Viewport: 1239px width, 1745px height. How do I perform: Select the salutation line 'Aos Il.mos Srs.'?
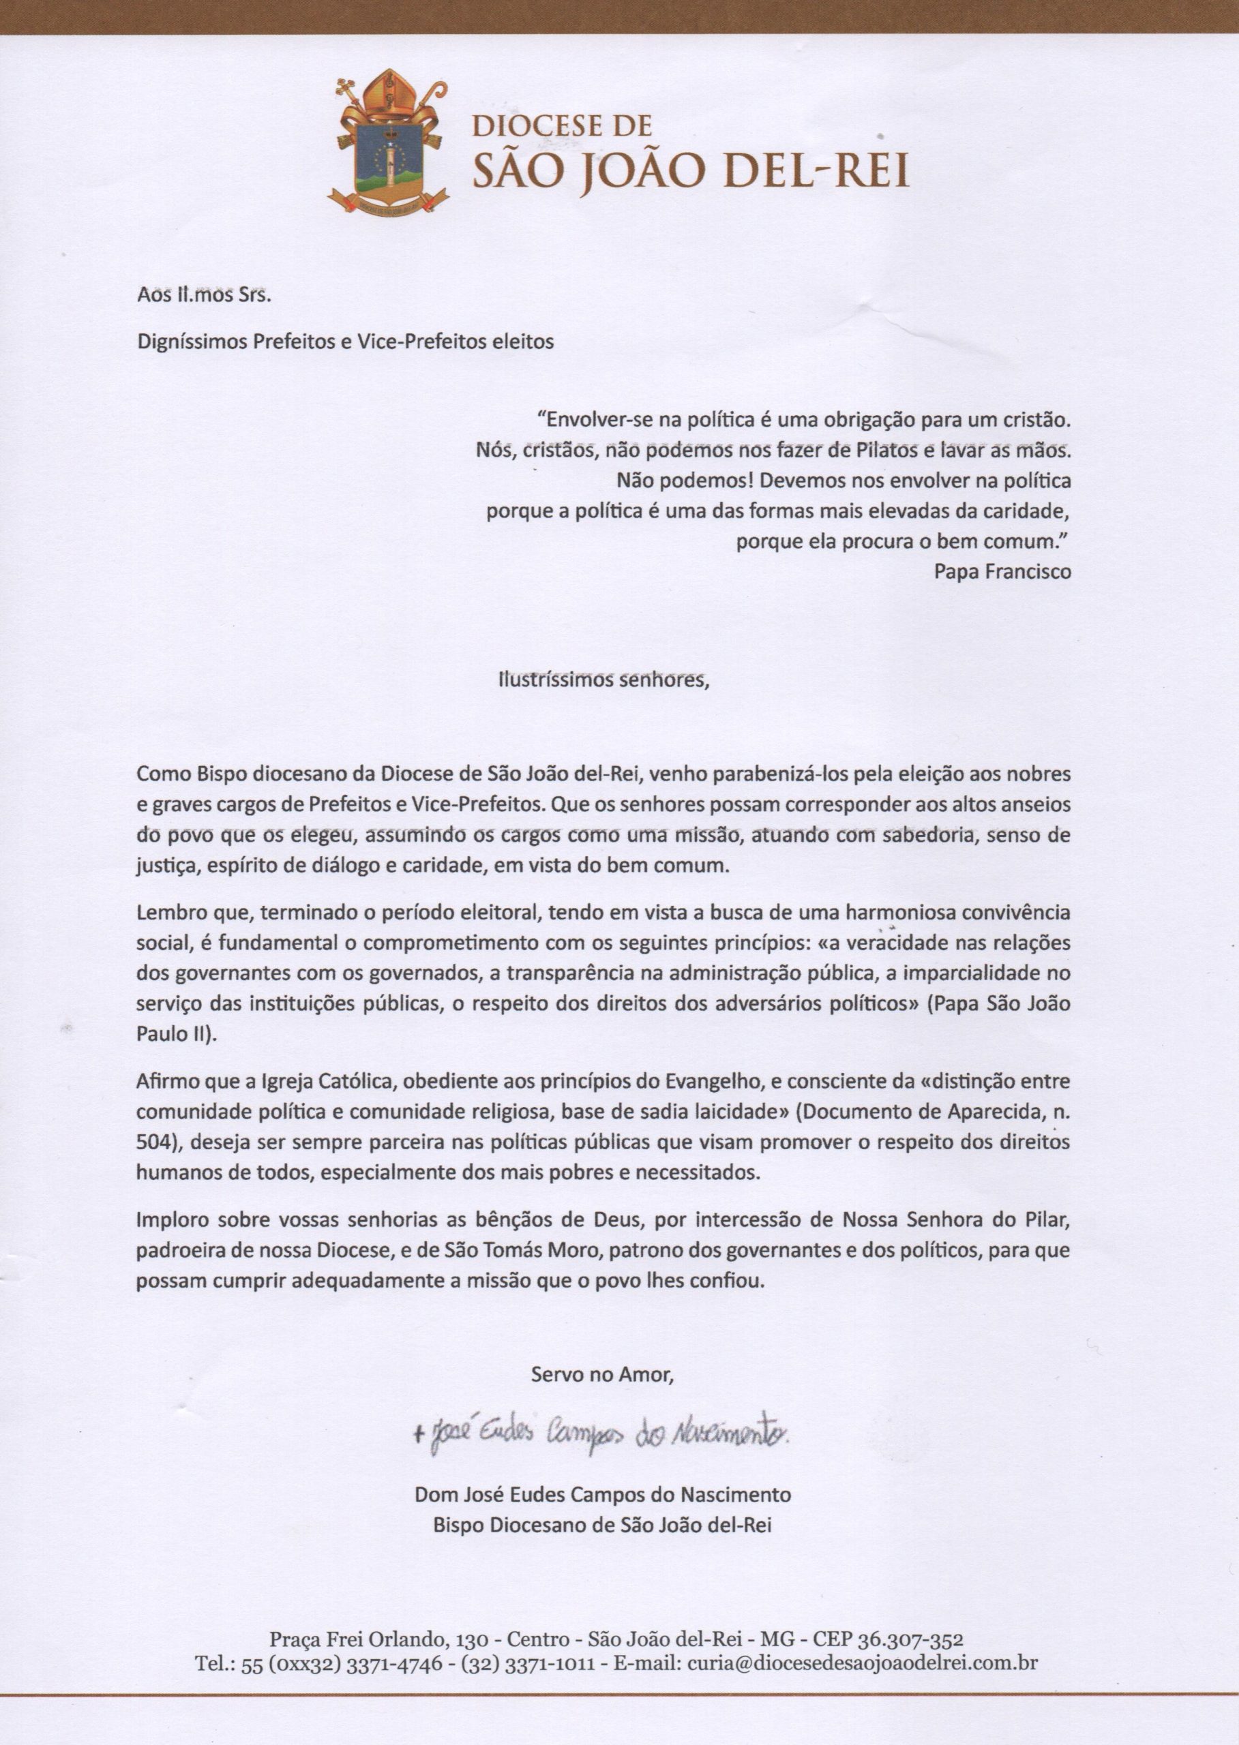pyautogui.click(x=205, y=296)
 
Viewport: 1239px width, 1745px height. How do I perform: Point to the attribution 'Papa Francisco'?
pyautogui.click(x=1002, y=571)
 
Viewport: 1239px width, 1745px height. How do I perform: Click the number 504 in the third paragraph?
pyautogui.click(x=152, y=1142)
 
